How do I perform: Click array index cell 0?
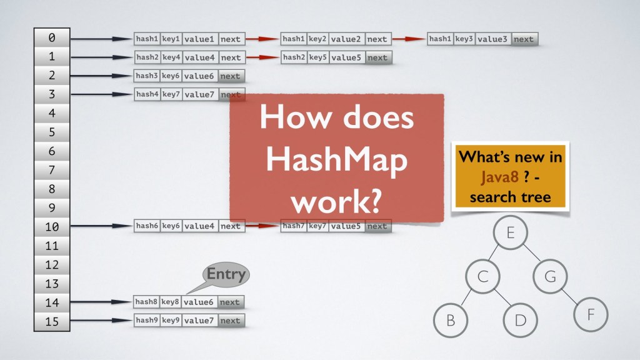pos(51,38)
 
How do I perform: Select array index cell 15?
pos(51,321)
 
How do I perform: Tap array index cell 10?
pos(51,227)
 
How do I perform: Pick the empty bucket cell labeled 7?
pos(51,170)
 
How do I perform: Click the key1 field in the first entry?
pos(171,39)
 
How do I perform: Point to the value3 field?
pos(492,39)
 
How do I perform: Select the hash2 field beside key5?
pos(293,58)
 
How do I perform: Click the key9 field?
pos(171,321)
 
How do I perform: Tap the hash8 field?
pos(147,302)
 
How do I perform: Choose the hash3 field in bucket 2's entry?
pos(147,77)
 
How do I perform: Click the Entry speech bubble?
pos(225,274)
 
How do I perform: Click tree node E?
pos(510,234)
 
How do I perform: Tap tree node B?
pos(450,320)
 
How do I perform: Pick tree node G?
pos(550,276)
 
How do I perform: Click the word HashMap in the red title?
pos(337,161)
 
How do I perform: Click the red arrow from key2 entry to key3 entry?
pos(409,39)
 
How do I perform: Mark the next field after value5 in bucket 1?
pos(377,58)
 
